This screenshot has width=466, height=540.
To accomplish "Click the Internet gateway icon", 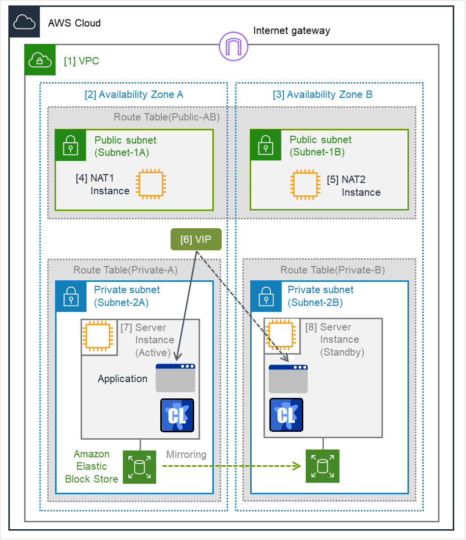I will [x=233, y=47].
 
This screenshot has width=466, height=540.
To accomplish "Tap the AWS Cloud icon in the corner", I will [x=24, y=22].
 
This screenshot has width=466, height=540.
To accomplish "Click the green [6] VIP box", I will [x=196, y=240].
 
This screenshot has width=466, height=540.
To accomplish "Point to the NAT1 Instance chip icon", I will [x=150, y=184].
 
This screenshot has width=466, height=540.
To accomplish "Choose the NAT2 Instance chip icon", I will [x=306, y=185].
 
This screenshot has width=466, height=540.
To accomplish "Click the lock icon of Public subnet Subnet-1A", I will [x=70, y=145].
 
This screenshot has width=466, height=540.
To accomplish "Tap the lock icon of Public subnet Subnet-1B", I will [x=265, y=145].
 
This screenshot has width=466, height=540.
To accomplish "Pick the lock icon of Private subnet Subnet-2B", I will [x=265, y=296].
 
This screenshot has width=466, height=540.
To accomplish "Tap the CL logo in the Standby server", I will [x=286, y=415].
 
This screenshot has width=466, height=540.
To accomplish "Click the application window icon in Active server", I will [x=175, y=378].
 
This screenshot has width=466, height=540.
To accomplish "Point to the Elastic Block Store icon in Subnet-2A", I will [x=139, y=467].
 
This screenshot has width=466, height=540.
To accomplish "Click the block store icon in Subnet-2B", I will [x=322, y=466].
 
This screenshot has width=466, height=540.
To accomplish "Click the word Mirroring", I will [x=186, y=454].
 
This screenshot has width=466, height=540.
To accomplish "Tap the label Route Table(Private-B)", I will [x=332, y=270].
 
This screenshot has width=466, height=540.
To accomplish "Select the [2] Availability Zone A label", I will [x=134, y=94].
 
